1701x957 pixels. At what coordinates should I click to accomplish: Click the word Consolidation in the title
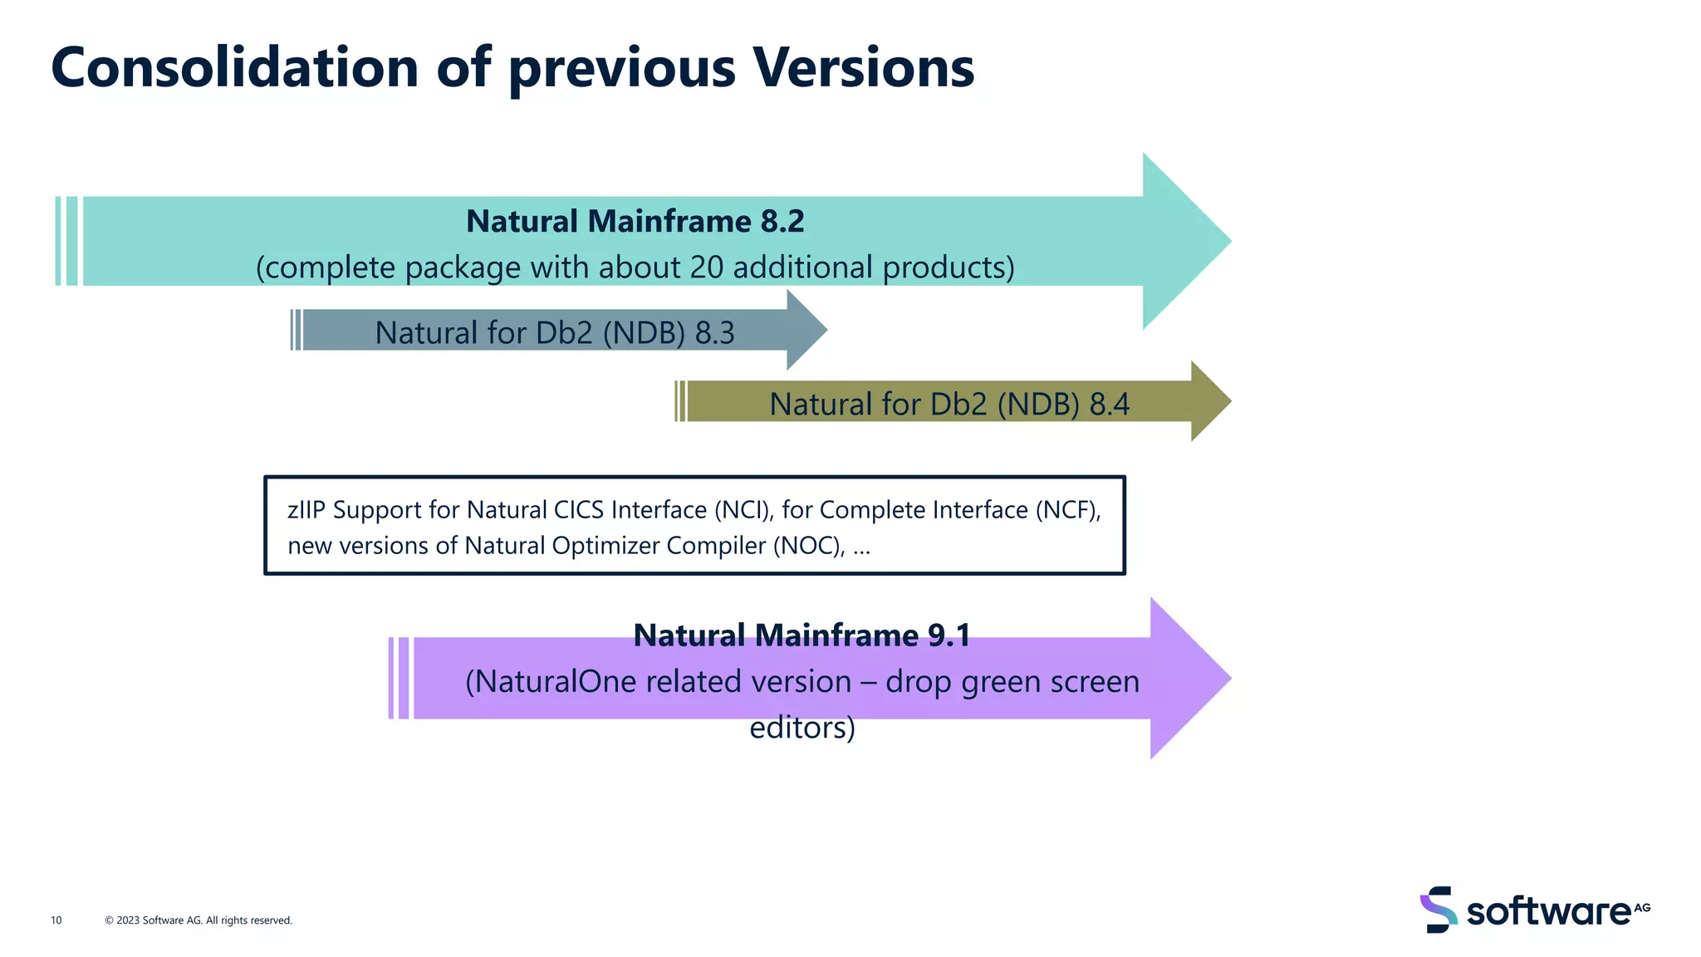click(x=235, y=68)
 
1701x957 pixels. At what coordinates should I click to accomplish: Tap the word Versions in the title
click(x=863, y=68)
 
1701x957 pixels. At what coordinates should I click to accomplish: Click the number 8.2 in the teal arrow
click(x=782, y=222)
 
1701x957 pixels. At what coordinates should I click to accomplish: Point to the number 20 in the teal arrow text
click(x=706, y=267)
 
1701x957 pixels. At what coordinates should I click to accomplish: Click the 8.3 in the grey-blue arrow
click(x=714, y=333)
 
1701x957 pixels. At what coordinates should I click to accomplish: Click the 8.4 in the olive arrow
click(x=1109, y=405)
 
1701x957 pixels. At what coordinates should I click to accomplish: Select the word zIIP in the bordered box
click(x=306, y=510)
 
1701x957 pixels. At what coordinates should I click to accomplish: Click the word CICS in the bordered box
click(x=580, y=510)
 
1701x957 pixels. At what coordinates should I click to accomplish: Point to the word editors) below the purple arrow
click(x=801, y=728)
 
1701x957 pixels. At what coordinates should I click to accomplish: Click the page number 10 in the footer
click(x=56, y=920)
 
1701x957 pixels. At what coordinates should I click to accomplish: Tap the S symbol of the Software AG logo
click(x=1439, y=910)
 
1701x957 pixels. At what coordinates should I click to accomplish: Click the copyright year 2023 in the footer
click(x=128, y=920)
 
